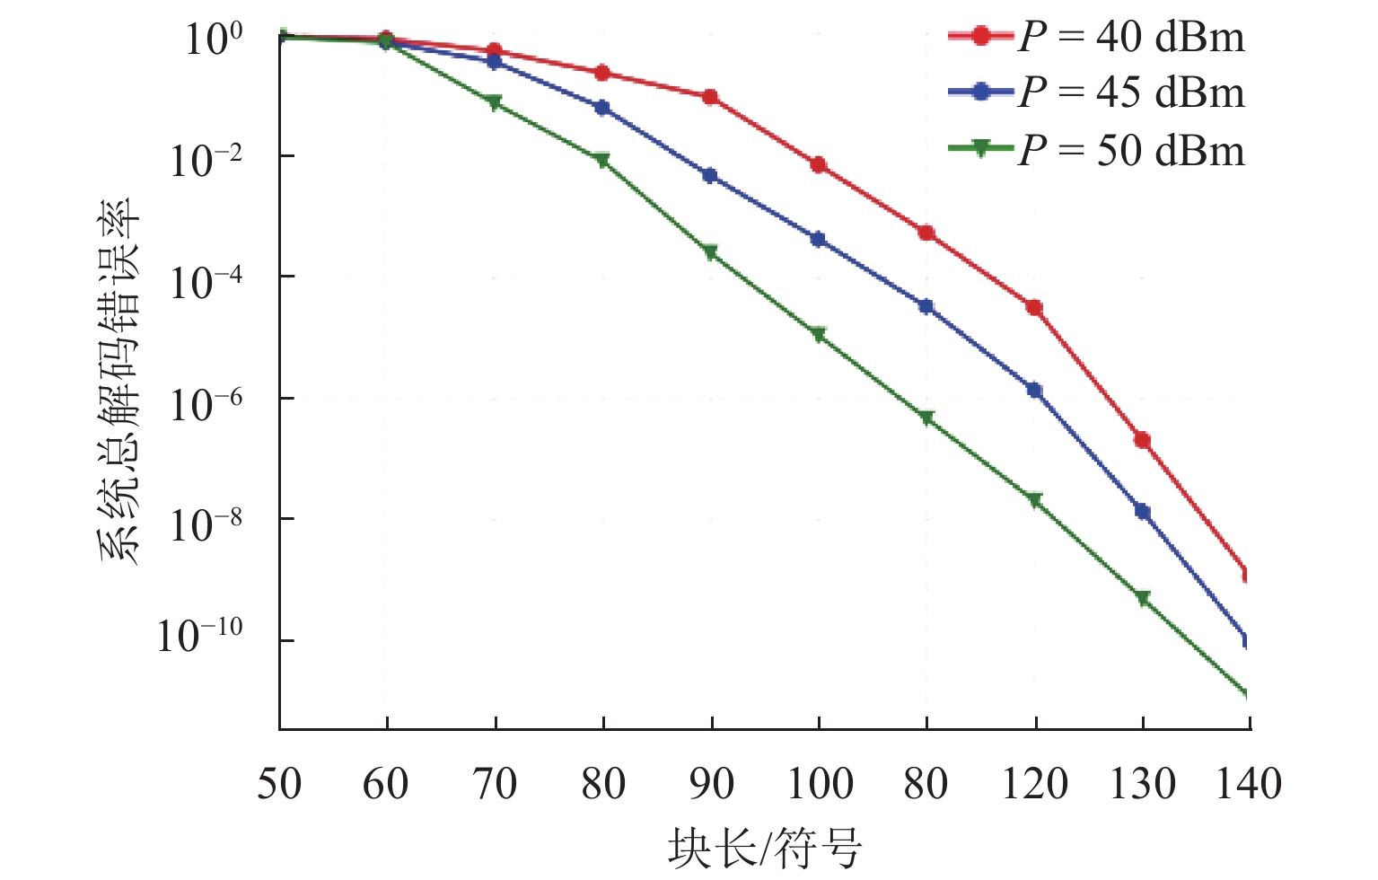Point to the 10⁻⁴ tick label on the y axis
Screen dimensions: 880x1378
206,282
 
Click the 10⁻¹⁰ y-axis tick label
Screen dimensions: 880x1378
199,636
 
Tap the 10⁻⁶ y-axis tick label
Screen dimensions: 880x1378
206,403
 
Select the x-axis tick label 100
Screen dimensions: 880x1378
820,784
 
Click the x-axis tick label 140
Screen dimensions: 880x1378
1249,784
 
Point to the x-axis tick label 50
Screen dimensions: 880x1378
279,784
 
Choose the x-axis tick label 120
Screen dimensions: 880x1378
1035,784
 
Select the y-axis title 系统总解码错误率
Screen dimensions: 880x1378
119,382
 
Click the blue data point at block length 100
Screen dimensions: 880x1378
819,239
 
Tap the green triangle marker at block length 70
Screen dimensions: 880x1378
495,102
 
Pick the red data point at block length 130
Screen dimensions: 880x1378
1143,440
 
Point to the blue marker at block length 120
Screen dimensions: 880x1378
1035,390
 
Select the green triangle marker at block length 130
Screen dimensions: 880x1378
1143,598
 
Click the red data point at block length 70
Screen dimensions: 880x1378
495,51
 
